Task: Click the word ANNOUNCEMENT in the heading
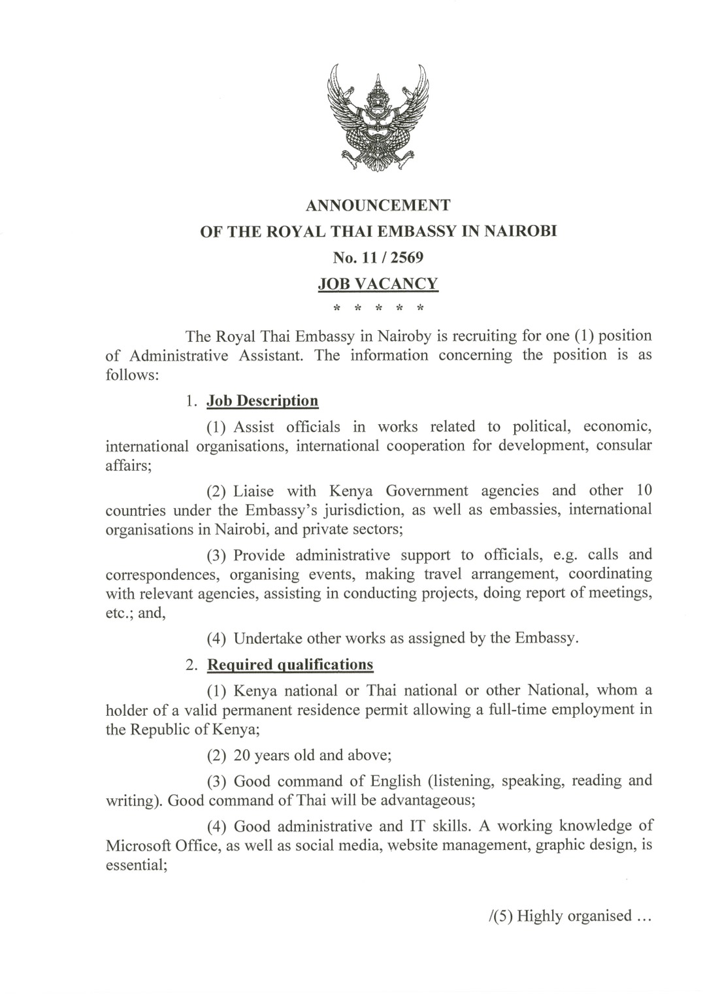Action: tap(378, 205)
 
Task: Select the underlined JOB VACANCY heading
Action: tap(378, 284)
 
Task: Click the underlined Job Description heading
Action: tap(262, 401)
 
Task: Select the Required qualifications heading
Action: tap(290, 665)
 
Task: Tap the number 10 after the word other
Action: tap(643, 490)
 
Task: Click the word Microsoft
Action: tap(139, 845)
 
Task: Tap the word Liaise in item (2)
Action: tap(253, 491)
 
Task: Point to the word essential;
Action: tap(134, 865)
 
